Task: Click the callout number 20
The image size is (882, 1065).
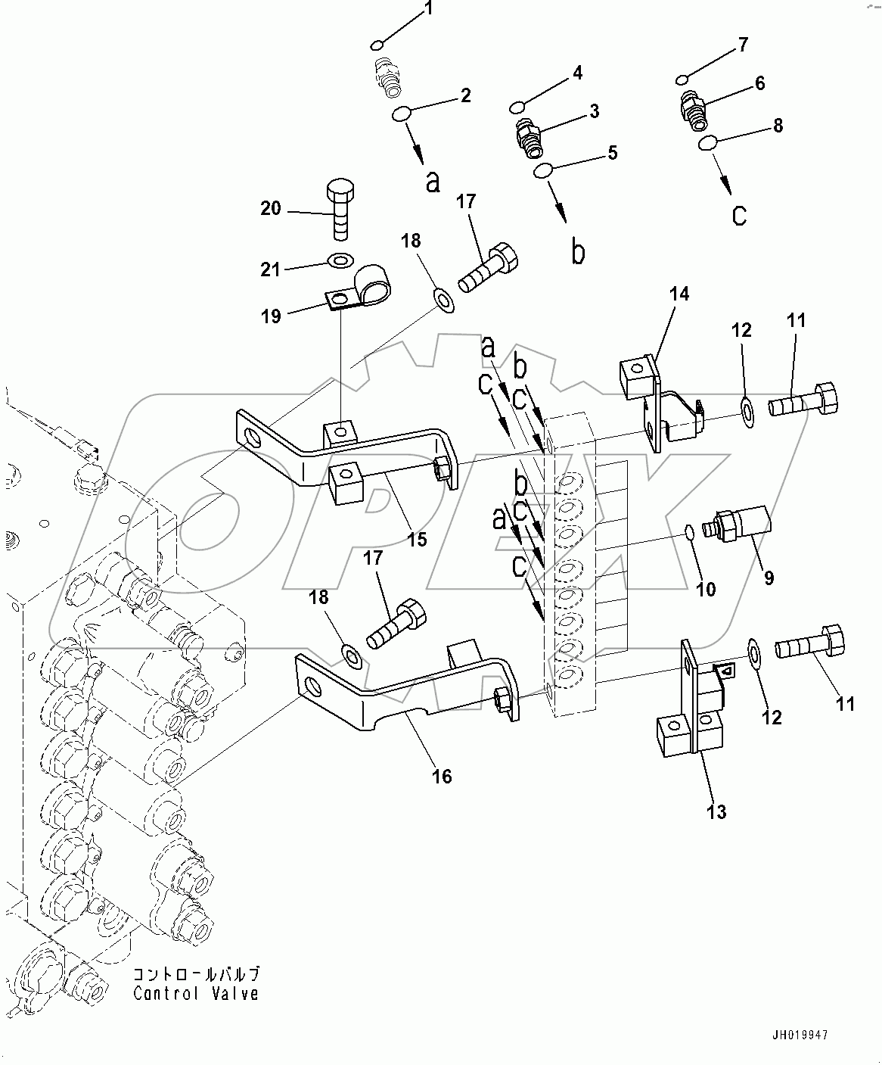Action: point(271,208)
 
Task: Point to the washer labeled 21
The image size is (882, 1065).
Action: point(337,262)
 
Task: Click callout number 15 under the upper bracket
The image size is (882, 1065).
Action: point(417,539)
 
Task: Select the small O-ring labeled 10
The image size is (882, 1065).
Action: point(689,533)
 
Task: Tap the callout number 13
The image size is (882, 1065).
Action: point(716,811)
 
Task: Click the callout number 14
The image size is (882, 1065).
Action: point(679,294)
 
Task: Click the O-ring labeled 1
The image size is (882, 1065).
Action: point(380,44)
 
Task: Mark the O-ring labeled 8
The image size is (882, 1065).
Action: point(709,143)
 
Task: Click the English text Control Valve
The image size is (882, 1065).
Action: point(196,994)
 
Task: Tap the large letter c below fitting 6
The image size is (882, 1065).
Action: point(739,216)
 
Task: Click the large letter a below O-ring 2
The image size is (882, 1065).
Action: point(432,182)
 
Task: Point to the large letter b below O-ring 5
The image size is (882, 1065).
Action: point(578,253)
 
